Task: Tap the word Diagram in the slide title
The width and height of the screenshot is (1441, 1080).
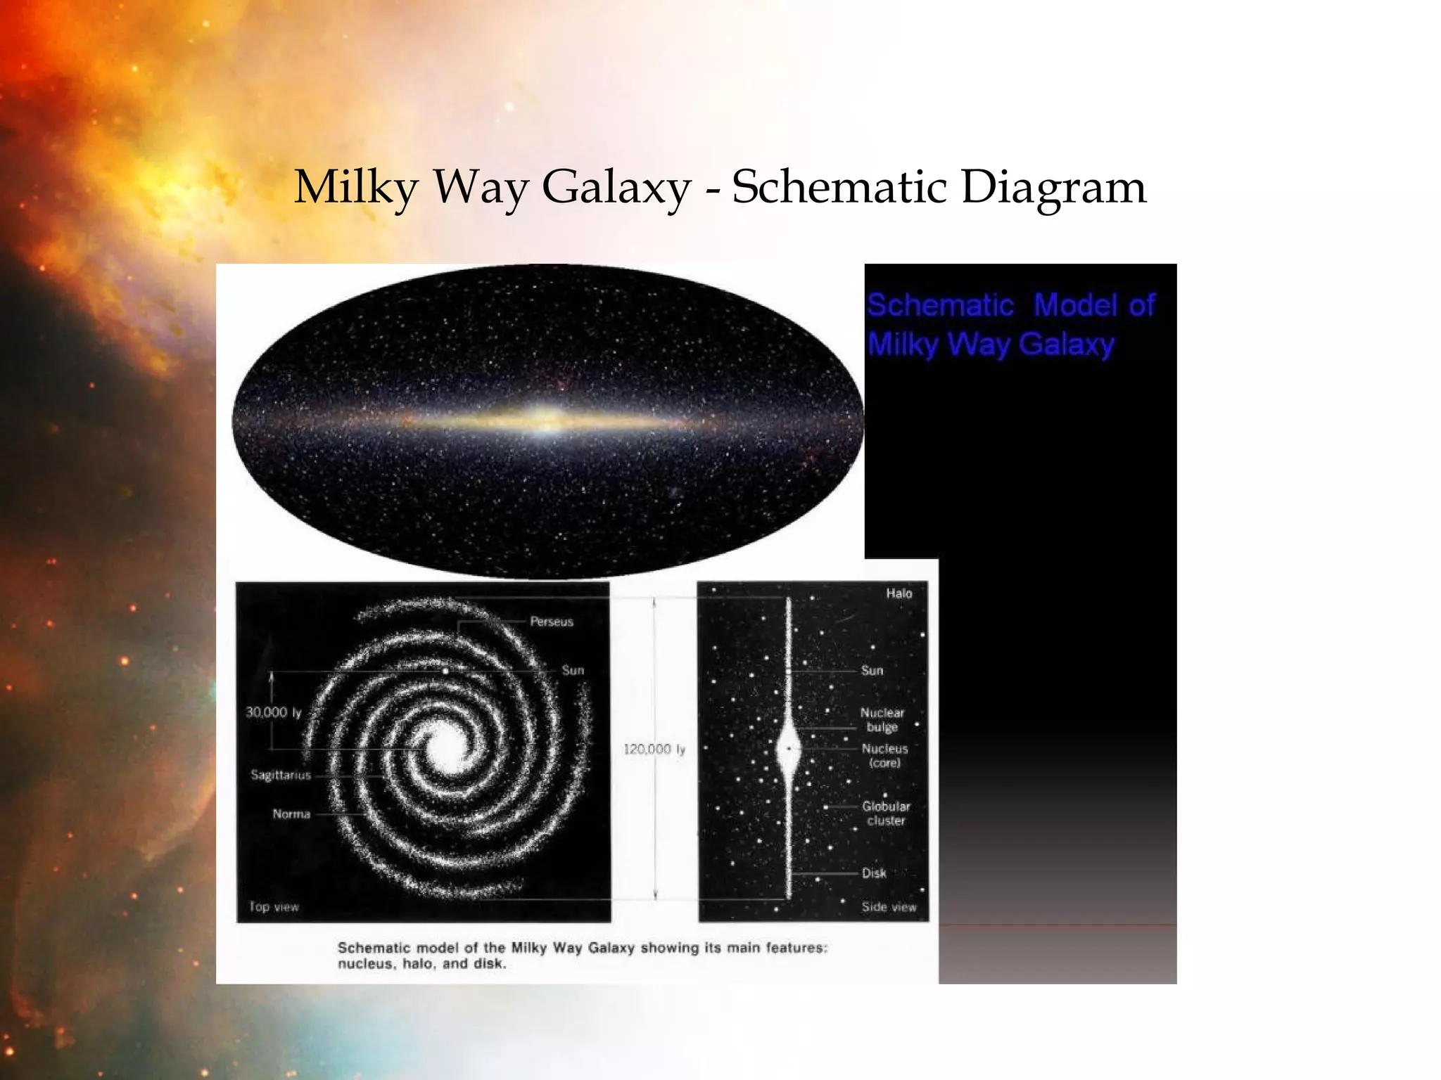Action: [1053, 188]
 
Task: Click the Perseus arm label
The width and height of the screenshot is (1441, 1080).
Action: [552, 622]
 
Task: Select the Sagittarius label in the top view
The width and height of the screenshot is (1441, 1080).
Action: [281, 775]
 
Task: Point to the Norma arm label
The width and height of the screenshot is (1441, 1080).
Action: [291, 814]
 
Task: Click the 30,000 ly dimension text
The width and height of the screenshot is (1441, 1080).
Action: [273, 712]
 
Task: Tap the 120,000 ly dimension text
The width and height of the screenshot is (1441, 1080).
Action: [654, 750]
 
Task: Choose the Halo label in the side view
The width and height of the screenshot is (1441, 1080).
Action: [899, 593]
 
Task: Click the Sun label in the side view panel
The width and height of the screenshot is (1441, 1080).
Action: [872, 671]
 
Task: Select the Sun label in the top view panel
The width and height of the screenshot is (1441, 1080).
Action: [573, 671]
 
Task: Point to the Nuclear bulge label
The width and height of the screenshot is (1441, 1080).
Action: [882, 720]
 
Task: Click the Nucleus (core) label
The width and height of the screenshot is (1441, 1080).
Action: [884, 756]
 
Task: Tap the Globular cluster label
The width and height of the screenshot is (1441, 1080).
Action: [886, 814]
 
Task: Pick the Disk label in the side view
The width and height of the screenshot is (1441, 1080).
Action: [874, 873]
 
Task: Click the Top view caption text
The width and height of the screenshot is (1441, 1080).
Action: [274, 907]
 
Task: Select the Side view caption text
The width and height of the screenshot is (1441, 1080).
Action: [889, 907]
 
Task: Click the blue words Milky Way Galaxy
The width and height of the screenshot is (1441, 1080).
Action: [991, 345]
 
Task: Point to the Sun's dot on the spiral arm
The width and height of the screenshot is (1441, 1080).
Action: [445, 671]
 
